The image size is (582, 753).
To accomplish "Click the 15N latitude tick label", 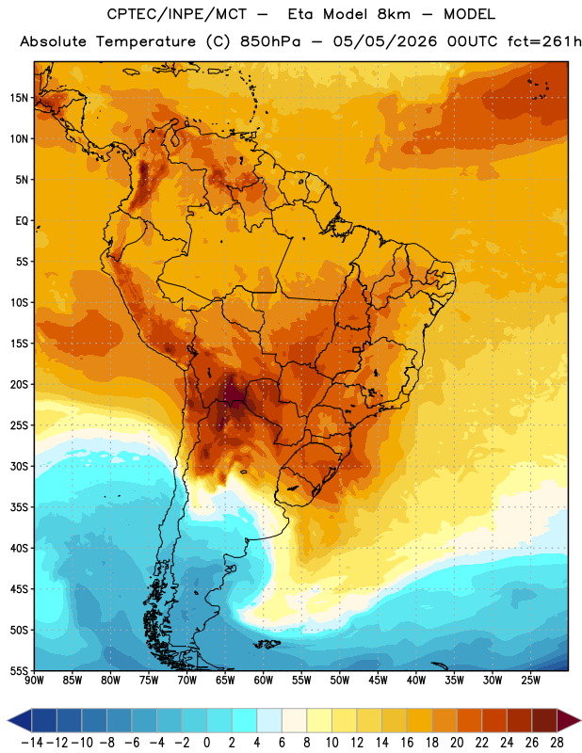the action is click(19, 98).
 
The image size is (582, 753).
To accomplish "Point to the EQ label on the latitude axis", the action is click(22, 221).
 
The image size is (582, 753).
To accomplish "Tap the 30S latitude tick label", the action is click(19, 466).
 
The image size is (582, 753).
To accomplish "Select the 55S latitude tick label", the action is click(19, 671).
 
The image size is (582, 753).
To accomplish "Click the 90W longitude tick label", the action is click(34, 681).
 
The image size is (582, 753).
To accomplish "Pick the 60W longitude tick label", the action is click(264, 681).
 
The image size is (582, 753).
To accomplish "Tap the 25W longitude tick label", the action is click(530, 681).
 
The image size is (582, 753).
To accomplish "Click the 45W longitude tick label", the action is click(378, 681).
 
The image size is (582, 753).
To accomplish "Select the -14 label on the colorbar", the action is click(32, 743).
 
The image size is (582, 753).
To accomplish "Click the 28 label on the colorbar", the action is click(557, 743).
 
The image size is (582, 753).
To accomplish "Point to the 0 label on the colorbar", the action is click(207, 743).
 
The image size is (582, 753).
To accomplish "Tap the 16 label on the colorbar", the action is click(407, 743).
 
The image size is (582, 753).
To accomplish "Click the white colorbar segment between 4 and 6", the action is click(269, 720).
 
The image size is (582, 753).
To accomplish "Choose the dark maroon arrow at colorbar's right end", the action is click(568, 720).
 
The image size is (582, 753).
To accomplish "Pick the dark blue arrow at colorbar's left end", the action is click(20, 720).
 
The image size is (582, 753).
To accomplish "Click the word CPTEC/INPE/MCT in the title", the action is click(176, 15).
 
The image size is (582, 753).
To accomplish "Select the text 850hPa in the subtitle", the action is click(270, 41).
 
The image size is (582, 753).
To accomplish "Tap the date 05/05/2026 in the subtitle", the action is click(385, 41).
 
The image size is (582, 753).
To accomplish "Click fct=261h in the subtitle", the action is click(544, 41).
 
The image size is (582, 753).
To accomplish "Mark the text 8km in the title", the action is click(394, 14).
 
